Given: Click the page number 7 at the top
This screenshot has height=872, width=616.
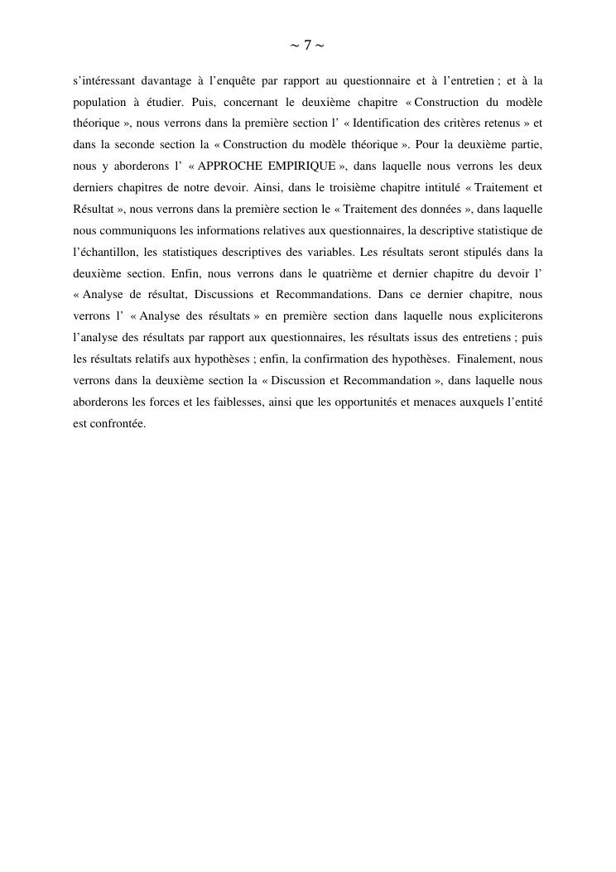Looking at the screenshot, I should point(307,45).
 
